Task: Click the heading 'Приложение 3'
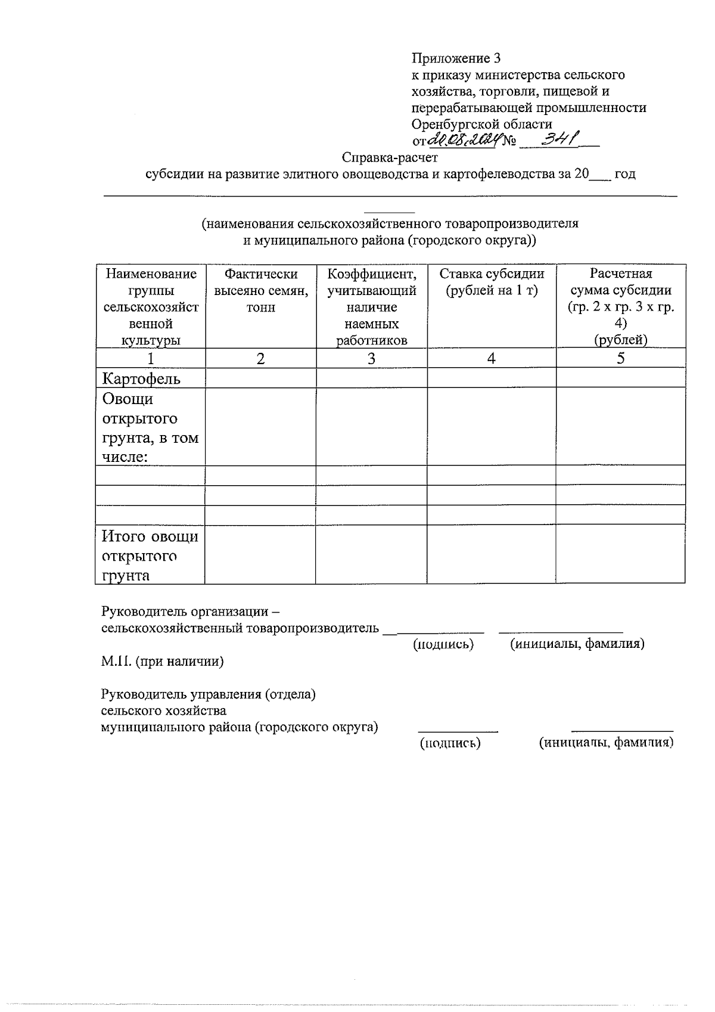click(x=456, y=58)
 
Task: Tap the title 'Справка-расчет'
click(x=390, y=157)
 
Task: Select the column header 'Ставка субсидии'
click(x=492, y=282)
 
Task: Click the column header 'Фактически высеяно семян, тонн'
click(x=261, y=290)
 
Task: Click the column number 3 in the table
click(x=371, y=359)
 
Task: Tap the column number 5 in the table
click(x=620, y=359)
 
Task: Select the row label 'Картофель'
click(x=141, y=379)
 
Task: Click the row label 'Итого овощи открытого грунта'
click(x=150, y=555)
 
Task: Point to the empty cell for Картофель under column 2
click(x=261, y=378)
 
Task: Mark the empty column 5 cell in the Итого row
click(x=620, y=554)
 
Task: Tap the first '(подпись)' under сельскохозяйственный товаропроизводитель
click(x=443, y=644)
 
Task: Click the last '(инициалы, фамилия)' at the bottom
click(x=606, y=743)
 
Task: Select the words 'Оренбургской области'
click(x=481, y=124)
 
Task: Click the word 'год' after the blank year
click(x=624, y=174)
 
